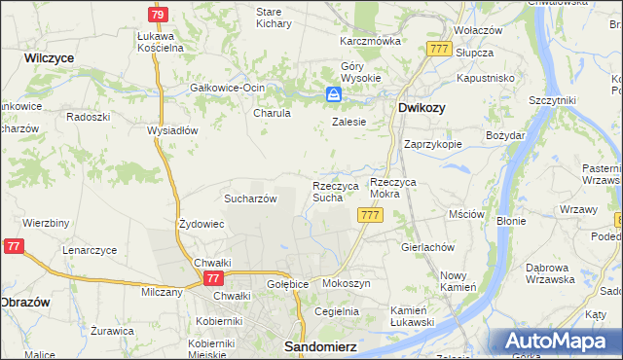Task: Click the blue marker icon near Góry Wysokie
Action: [334, 93]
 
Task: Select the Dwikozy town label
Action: [421, 109]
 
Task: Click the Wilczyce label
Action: [50, 58]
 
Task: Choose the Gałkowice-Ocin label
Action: [229, 87]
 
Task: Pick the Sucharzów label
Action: [251, 198]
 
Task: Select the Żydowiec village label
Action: [202, 224]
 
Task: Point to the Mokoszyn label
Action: [346, 283]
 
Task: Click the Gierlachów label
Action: [428, 247]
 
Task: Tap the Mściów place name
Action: [465, 213]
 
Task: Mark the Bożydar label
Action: [505, 135]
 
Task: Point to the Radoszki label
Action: [88, 115]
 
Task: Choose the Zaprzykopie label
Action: [432, 143]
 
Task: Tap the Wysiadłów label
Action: [171, 129]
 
